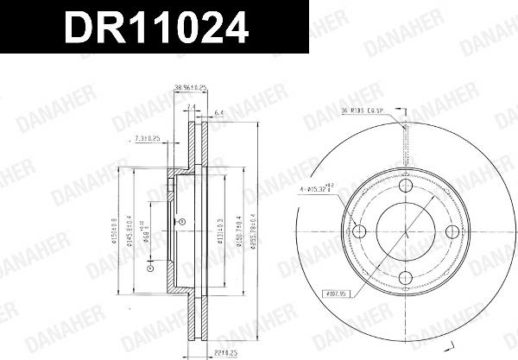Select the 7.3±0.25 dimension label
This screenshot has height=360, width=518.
coord(148,137)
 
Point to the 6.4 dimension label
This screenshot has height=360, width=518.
coord(219,111)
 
